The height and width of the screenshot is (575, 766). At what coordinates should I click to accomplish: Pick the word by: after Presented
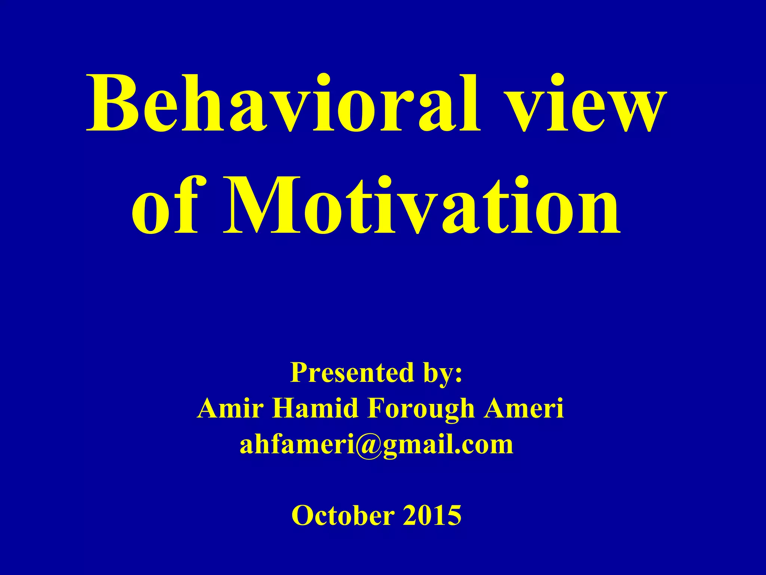pos(442,374)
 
